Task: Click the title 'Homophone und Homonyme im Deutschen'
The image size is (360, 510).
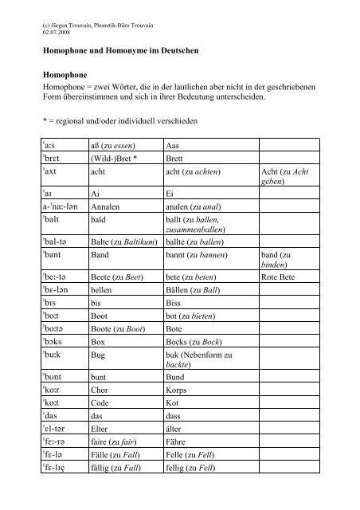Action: pos(119,52)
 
